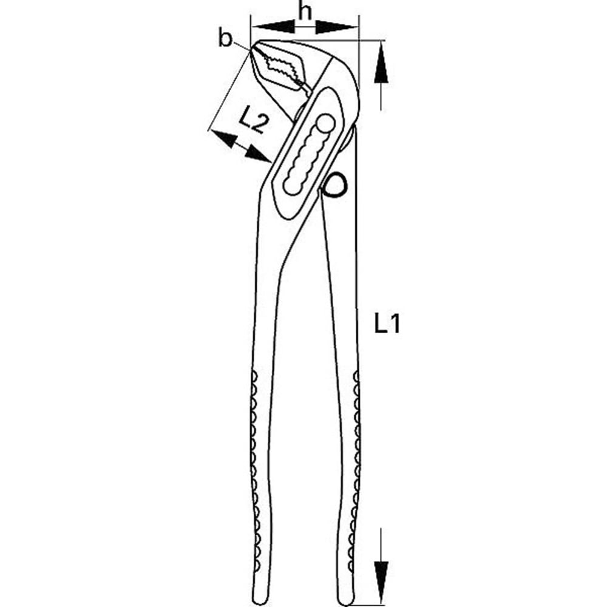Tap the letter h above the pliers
[x=305, y=11]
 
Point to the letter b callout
[x=226, y=39]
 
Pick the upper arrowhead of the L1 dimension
[x=381, y=67]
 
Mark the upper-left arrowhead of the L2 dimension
[x=223, y=138]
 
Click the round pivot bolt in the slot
[x=325, y=124]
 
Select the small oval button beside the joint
[x=335, y=185]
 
